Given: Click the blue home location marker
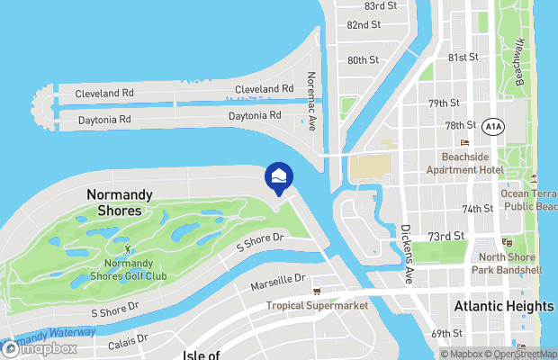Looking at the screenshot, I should [278, 175].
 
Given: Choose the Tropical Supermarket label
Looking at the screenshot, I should [317, 306].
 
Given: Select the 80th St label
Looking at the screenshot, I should [363, 60].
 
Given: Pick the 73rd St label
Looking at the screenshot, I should [445, 236].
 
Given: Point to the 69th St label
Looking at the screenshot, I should [445, 334].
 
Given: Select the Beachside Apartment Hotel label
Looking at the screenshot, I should [465, 163].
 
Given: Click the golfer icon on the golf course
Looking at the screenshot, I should [127, 247].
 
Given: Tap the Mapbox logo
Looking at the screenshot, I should [40, 348].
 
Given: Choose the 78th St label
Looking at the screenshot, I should [459, 125].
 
